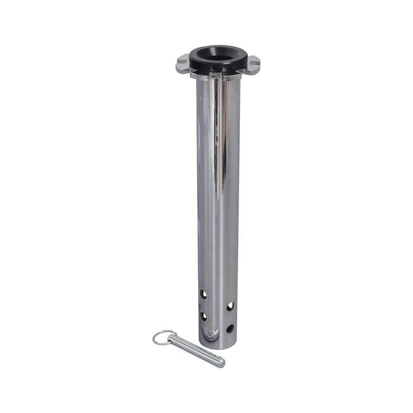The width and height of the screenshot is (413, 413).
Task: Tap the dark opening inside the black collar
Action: [x=218, y=55]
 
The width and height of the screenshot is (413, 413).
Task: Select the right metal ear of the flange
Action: [x=253, y=65]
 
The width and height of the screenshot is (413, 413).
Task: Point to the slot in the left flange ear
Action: [x=182, y=63]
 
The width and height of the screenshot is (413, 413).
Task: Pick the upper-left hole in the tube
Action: [x=203, y=294]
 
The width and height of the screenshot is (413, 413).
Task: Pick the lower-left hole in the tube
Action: [x=204, y=316]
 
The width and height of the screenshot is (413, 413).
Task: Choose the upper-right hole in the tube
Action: [x=230, y=306]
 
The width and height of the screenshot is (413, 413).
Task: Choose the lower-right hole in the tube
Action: [x=230, y=329]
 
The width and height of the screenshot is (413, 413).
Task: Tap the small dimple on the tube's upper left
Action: [x=201, y=98]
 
